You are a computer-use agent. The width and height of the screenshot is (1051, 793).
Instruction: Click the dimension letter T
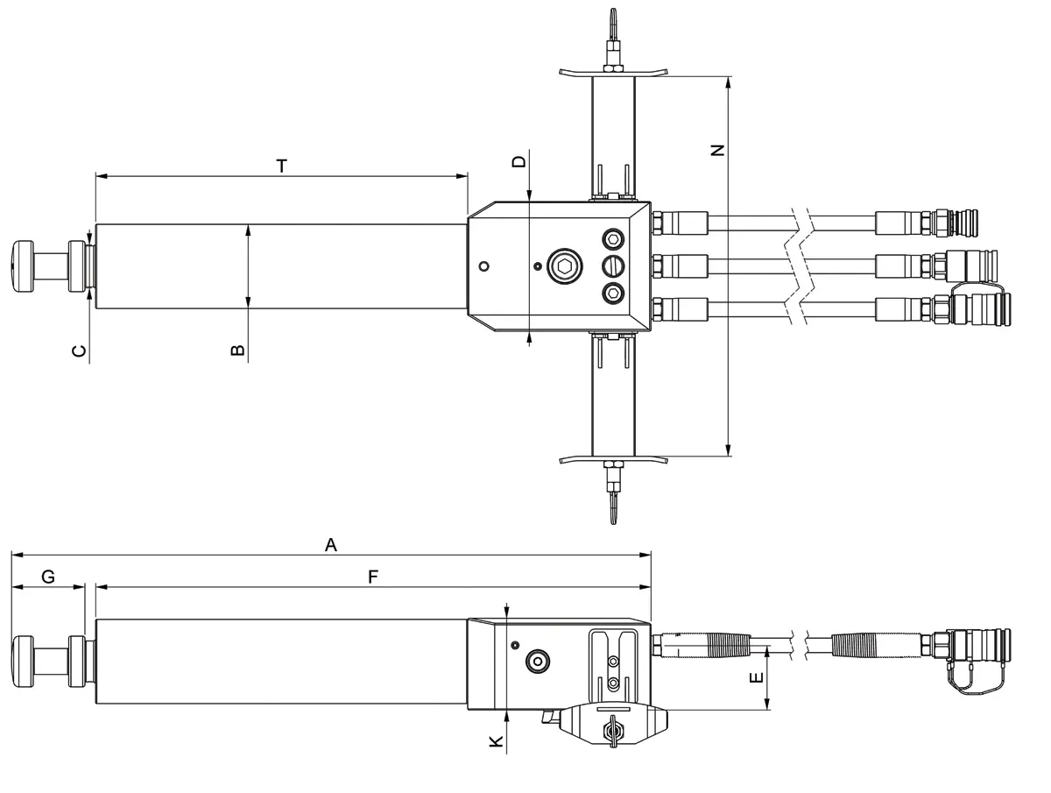click(x=281, y=165)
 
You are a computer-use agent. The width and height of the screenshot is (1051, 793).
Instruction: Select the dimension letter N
click(x=718, y=150)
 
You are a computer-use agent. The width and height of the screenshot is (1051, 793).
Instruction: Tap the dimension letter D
click(x=519, y=161)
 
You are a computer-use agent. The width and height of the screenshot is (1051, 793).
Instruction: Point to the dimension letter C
click(x=79, y=350)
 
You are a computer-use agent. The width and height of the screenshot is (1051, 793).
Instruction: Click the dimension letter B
click(x=237, y=350)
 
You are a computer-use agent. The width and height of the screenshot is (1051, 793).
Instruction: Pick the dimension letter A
click(x=330, y=545)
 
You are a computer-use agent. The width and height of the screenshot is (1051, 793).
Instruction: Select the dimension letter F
click(x=373, y=577)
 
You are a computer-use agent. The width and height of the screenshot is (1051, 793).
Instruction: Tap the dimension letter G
click(x=48, y=577)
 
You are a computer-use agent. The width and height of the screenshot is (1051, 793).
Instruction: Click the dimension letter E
click(x=758, y=677)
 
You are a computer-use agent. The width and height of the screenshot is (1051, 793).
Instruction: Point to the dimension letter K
click(x=496, y=741)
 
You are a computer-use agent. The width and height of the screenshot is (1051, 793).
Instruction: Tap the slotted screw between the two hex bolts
click(x=613, y=266)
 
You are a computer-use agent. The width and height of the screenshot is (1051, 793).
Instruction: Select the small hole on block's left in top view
click(x=483, y=266)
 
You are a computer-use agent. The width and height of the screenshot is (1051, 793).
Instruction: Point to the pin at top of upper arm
click(x=612, y=22)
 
